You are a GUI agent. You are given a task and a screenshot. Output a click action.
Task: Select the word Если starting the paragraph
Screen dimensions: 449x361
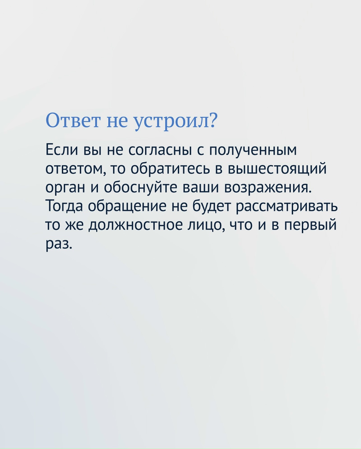(x=62, y=150)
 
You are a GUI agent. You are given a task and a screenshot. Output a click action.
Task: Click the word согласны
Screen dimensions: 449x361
(x=160, y=150)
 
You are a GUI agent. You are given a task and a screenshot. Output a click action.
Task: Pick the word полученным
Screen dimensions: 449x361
(x=253, y=150)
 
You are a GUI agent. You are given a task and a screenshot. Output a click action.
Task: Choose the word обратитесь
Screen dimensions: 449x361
(x=172, y=168)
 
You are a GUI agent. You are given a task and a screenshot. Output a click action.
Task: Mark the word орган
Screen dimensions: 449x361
(x=66, y=187)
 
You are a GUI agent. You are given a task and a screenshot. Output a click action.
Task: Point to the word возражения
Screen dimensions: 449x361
(x=267, y=187)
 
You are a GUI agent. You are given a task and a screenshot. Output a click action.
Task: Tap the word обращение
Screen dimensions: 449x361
(x=127, y=206)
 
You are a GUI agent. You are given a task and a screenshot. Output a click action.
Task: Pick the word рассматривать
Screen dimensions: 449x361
(x=287, y=206)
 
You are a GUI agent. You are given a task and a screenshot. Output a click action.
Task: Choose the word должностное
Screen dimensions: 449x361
(x=135, y=225)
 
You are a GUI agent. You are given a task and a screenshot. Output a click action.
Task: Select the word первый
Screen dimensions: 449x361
(x=310, y=225)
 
